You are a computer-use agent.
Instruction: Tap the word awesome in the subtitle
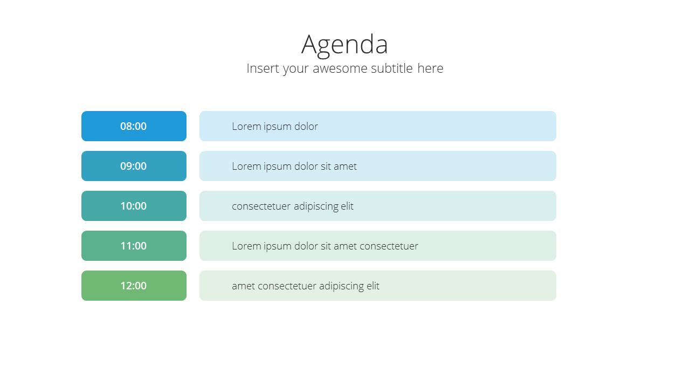340,68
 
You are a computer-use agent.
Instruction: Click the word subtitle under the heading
392,68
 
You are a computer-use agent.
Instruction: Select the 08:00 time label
133,126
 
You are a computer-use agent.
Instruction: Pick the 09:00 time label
133,167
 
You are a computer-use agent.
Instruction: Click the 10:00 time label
133,206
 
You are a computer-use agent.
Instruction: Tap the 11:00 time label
133,246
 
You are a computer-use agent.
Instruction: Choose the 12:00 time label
133,286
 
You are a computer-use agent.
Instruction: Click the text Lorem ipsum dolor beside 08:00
275,127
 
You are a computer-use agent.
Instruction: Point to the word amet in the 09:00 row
346,167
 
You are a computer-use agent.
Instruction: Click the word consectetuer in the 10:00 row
261,206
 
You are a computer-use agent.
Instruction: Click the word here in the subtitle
430,68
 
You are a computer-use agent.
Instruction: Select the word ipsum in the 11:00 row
277,247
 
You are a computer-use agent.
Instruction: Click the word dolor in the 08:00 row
306,126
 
